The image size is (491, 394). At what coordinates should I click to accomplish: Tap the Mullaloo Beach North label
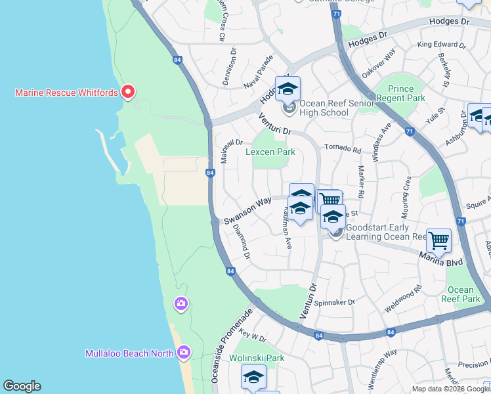click(x=129, y=353)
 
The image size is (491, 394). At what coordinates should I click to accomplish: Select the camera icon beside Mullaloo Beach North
click(x=183, y=353)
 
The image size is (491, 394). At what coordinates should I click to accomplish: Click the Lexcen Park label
click(x=270, y=152)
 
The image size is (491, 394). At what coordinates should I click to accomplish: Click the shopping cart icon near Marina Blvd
click(x=438, y=240)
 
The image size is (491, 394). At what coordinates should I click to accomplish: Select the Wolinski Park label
click(x=257, y=358)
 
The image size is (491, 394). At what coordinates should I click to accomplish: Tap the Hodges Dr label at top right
click(x=450, y=22)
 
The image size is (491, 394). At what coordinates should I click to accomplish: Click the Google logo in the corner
click(x=22, y=386)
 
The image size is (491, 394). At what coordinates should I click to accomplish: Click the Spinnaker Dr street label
click(x=335, y=302)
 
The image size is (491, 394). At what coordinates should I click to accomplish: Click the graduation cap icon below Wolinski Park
click(x=253, y=378)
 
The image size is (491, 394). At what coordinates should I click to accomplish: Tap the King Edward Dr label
click(x=441, y=46)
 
